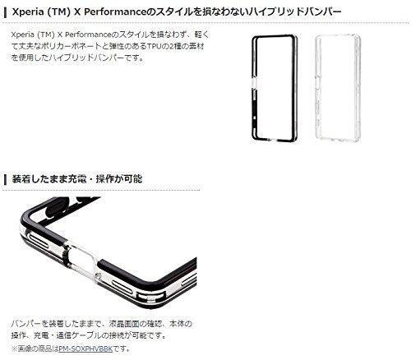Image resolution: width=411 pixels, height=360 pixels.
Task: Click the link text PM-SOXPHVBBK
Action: point(85,348)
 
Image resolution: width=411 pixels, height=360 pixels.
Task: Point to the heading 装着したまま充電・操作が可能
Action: point(77,178)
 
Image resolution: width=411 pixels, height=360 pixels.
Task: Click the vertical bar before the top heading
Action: point(5,12)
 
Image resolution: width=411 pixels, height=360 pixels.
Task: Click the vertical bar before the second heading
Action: point(5,179)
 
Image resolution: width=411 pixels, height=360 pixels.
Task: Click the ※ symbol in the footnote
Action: point(15,348)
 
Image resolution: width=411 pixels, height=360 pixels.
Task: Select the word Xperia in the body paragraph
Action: point(23,35)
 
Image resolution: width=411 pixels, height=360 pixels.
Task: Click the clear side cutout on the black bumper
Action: point(254,83)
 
